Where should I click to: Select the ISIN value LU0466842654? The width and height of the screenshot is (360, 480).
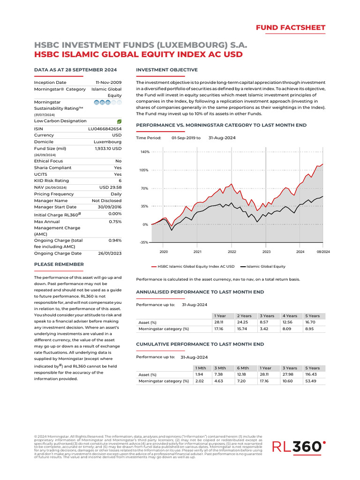[105, 128]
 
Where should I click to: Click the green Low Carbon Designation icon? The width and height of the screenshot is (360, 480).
[119, 121]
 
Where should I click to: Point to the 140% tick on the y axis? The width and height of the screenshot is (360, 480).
[144, 152]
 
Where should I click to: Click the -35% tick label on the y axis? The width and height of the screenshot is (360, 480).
[144, 242]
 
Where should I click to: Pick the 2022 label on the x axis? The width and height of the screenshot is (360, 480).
[232, 252]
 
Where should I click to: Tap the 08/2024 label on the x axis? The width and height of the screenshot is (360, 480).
[322, 252]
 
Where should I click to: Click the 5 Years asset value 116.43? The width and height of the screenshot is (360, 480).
[311, 375]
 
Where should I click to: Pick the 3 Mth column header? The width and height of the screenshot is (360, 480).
[219, 368]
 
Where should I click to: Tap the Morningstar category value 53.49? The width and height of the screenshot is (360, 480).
[311, 381]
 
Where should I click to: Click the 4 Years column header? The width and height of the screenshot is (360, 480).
[290, 316]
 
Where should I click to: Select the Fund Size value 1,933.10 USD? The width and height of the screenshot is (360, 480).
[108, 148]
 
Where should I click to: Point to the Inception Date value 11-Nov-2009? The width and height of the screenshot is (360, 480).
[109, 82]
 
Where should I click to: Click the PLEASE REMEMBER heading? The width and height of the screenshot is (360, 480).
[59, 264]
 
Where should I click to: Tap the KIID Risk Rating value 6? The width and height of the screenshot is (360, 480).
[120, 180]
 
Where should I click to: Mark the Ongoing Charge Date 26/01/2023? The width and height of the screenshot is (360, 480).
[110, 253]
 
